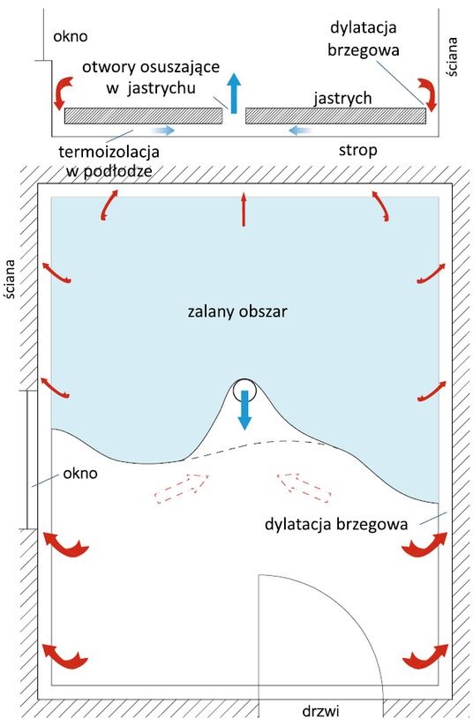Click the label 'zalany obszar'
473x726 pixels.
(x=237, y=311)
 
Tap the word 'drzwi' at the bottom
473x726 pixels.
(x=320, y=711)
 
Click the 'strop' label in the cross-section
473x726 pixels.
(x=357, y=151)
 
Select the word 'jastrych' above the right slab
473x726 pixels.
(x=342, y=98)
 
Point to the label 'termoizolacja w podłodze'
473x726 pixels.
(x=109, y=161)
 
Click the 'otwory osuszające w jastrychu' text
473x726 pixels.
(x=151, y=77)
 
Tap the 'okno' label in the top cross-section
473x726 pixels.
(x=71, y=36)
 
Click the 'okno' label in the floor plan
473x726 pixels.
(x=80, y=473)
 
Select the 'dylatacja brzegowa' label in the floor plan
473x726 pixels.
(x=336, y=524)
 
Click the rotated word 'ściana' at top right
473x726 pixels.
(x=452, y=56)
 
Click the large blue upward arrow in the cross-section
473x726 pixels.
(x=235, y=93)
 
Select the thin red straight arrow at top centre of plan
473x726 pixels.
(x=244, y=210)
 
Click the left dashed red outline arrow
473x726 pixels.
(x=182, y=489)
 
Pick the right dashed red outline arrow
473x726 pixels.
(x=304, y=487)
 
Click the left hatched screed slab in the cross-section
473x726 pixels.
(x=143, y=116)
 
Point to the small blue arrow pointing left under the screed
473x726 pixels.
(x=300, y=131)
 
